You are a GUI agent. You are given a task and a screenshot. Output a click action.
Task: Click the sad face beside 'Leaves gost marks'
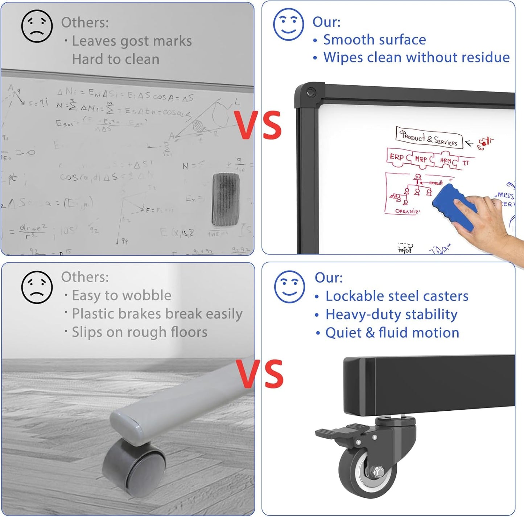pos(37,26)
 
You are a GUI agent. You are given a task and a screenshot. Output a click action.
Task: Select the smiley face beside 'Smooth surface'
pos(288,25)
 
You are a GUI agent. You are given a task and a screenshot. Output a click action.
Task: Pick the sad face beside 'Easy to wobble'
pos(37,287)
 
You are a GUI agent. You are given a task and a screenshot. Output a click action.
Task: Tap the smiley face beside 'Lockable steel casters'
pos(289,287)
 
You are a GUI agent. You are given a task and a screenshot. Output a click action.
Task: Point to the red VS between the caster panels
pos(260,373)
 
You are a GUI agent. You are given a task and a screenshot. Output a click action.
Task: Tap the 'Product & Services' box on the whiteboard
pos(429,138)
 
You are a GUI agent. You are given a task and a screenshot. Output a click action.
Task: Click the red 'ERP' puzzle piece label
pos(397,157)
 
